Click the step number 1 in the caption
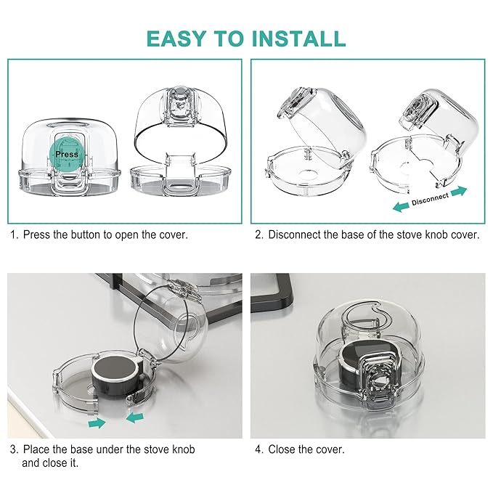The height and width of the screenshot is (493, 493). click(12, 235)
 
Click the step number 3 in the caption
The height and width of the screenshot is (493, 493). click(12, 449)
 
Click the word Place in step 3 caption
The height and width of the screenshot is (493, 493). click(36, 449)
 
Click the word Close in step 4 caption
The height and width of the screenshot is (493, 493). click(283, 449)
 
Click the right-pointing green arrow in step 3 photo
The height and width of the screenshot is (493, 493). click(95, 422)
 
